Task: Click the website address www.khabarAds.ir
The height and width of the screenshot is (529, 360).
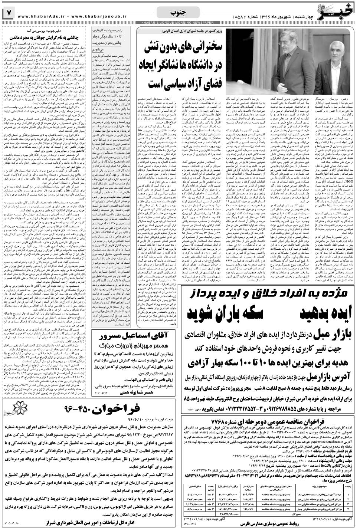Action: (37, 16)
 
